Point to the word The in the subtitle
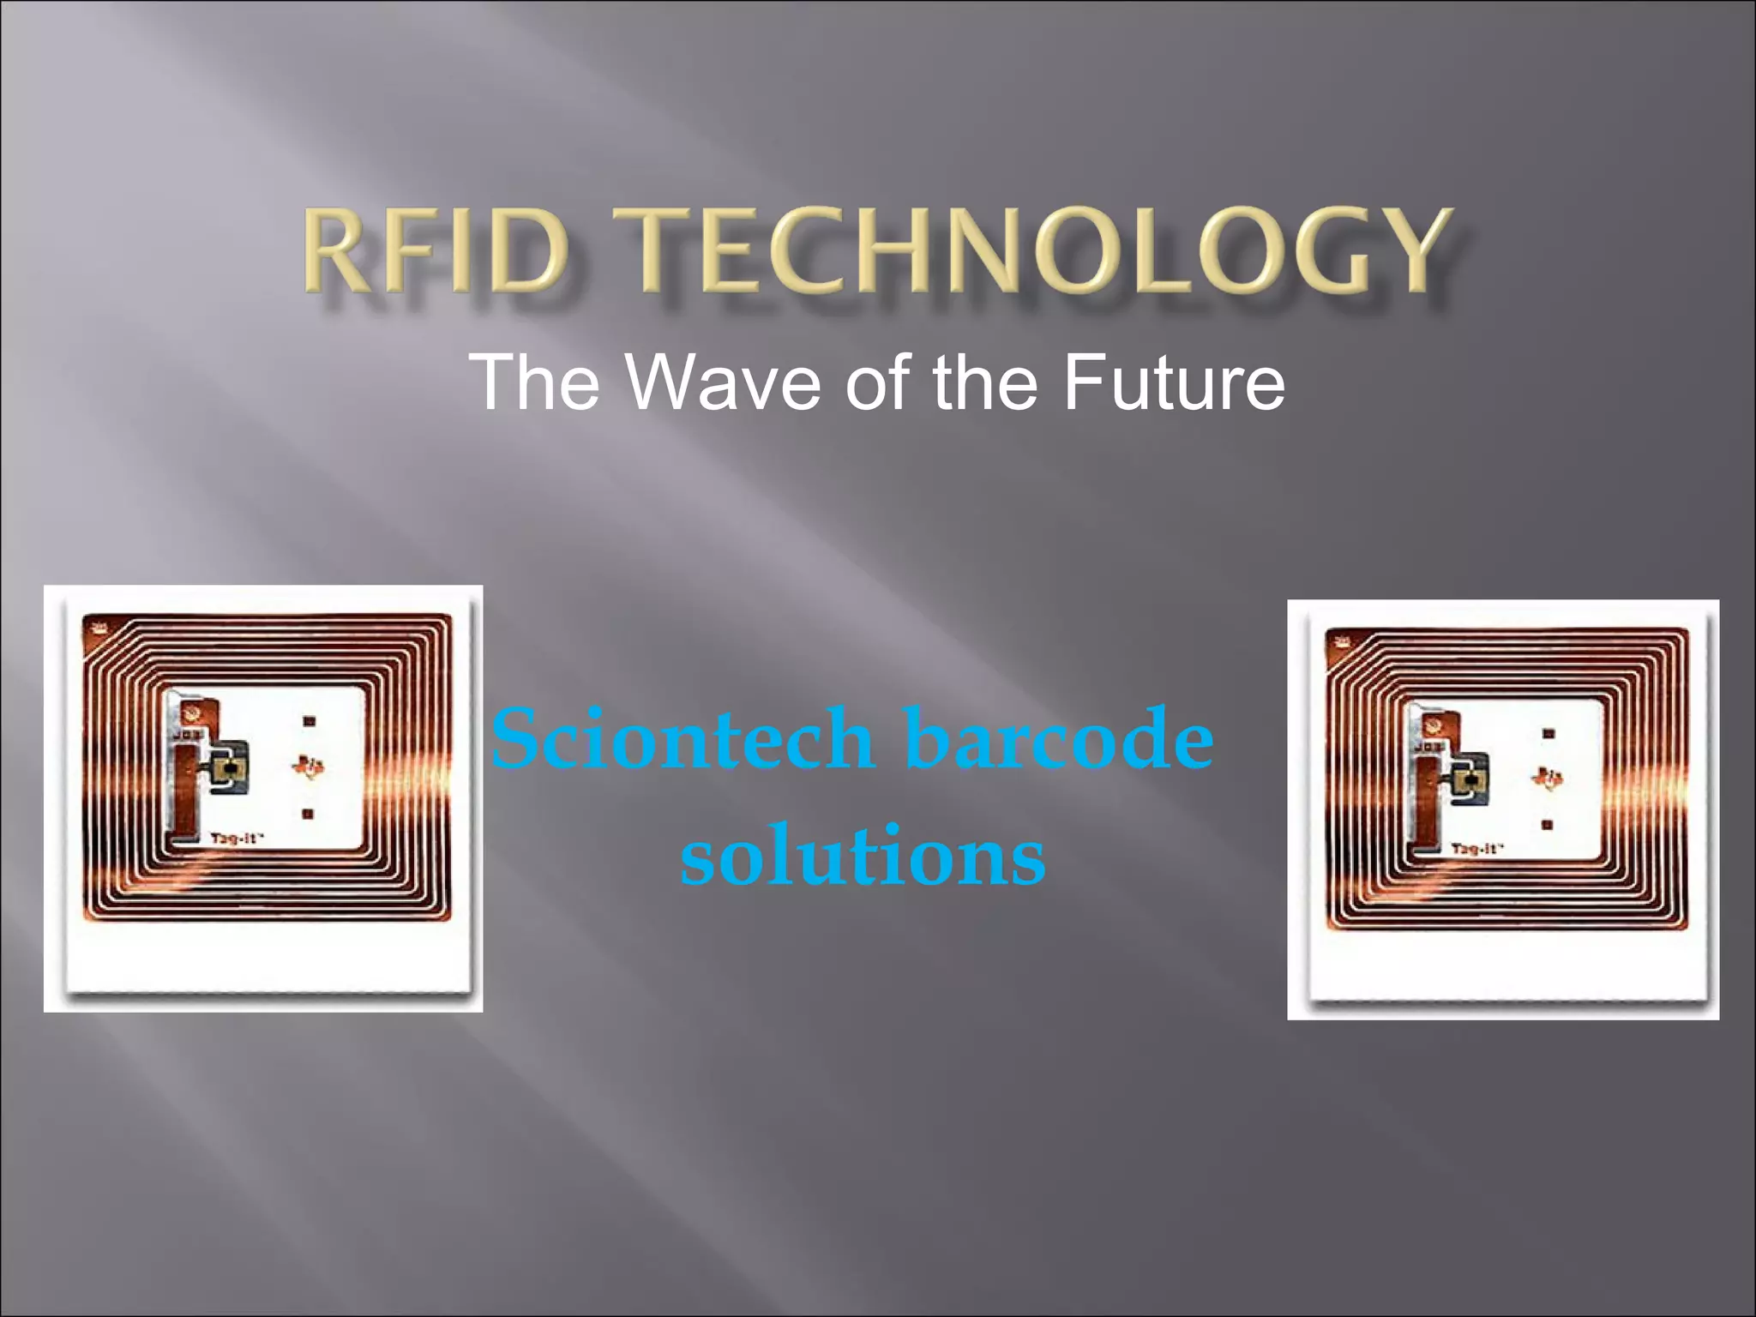(533, 382)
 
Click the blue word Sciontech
(683, 739)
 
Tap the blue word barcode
(1059, 739)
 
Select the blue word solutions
(863, 856)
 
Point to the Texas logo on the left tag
(309, 765)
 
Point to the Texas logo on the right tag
(1548, 779)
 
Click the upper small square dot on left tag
(310, 721)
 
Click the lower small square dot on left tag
(308, 814)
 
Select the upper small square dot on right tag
(1549, 734)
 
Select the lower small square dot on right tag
(1547, 825)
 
